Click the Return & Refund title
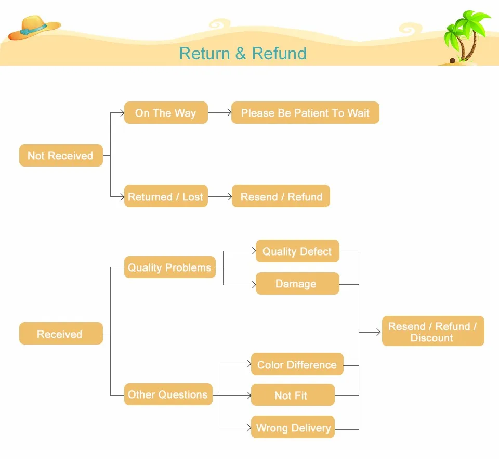pyautogui.click(x=243, y=54)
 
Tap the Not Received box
pyautogui.click(x=61, y=156)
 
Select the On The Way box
pyautogui.click(x=166, y=113)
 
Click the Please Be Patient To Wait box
pyautogui.click(x=305, y=113)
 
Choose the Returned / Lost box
pyautogui.click(x=166, y=196)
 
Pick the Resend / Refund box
pyautogui.click(x=281, y=196)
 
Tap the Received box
pyautogui.click(x=61, y=334)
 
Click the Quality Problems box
pyautogui.click(x=169, y=267)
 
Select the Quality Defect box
pyautogui.click(x=297, y=251)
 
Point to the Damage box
pyautogui.click(x=297, y=284)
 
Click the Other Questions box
pyautogui.click(x=168, y=394)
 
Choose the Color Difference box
pyautogui.click(x=297, y=364)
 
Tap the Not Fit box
pyautogui.click(x=293, y=395)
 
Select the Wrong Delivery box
pyautogui.click(x=293, y=427)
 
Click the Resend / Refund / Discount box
pyautogui.click(x=432, y=331)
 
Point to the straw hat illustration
pyautogui.click(x=33, y=28)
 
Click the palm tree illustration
pyautogui.click(x=466, y=36)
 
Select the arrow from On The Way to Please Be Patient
pyautogui.click(x=219, y=113)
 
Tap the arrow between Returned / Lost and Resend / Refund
pyautogui.click(x=219, y=197)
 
